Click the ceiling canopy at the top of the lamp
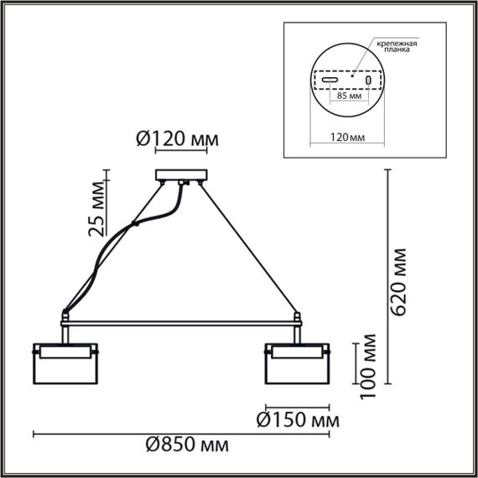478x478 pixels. point(179,177)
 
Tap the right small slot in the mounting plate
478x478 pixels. point(367,80)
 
